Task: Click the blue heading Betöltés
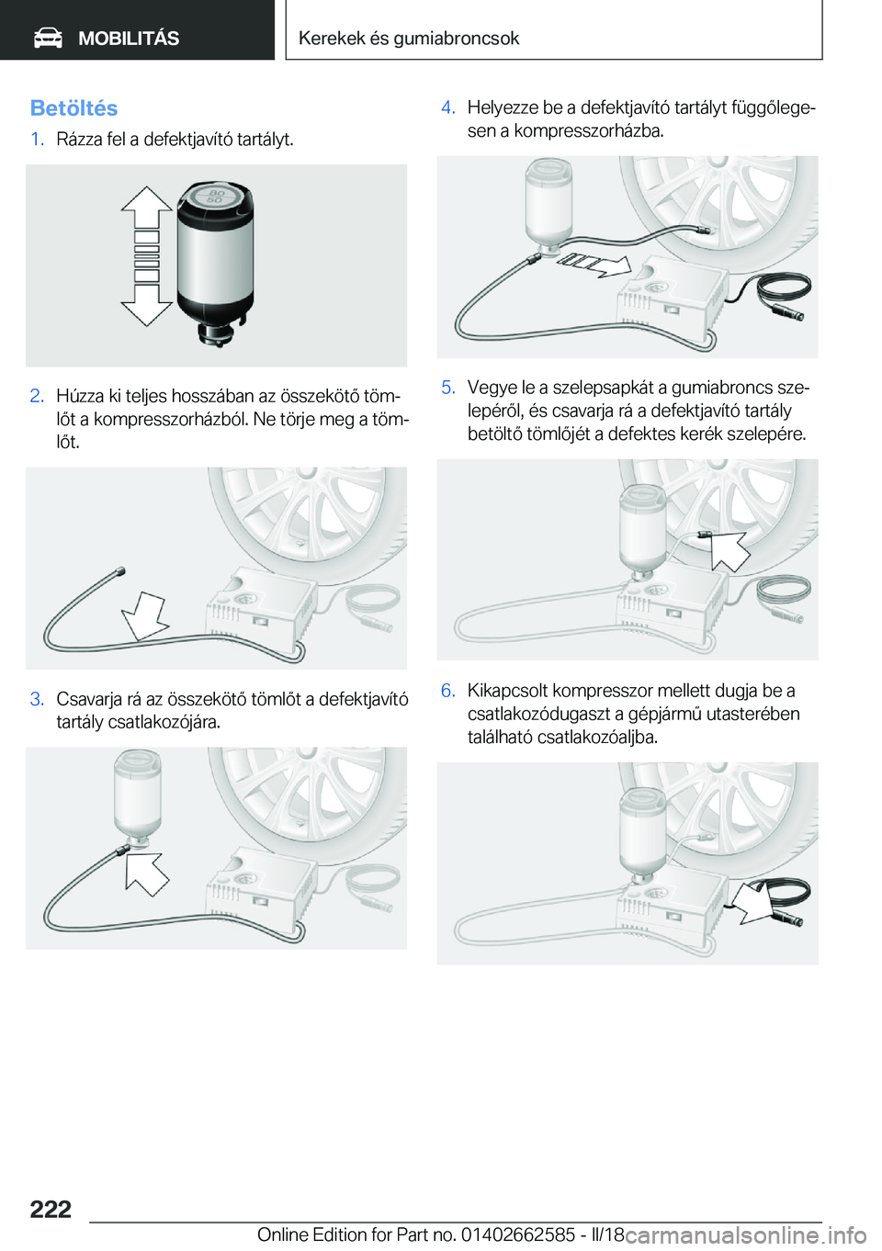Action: [x=73, y=107]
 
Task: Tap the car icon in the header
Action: [x=48, y=39]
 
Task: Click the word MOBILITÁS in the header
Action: [x=129, y=39]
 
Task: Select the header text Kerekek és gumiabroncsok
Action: [x=409, y=38]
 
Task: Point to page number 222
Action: [x=51, y=1210]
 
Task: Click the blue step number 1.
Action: [x=37, y=139]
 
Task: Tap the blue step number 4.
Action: [x=448, y=107]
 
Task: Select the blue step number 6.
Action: [x=448, y=691]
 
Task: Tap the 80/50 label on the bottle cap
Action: [x=215, y=196]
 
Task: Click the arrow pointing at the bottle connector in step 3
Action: [x=146, y=874]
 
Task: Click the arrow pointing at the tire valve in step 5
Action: [x=729, y=551]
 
